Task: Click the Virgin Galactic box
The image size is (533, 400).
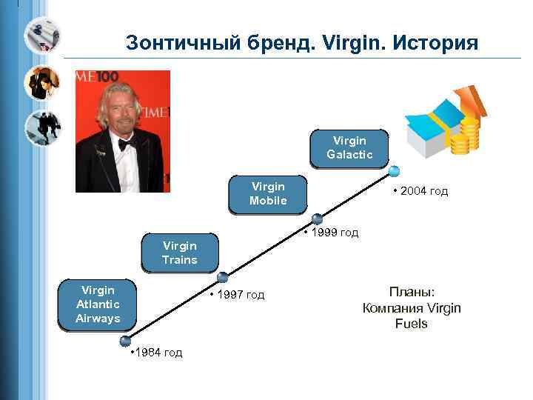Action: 349,147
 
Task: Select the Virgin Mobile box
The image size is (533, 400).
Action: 268,193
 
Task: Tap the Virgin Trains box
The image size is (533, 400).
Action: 180,253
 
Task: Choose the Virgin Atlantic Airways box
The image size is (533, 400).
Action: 98,303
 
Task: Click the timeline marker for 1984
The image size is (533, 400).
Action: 126,341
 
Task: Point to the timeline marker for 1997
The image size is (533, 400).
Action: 221,278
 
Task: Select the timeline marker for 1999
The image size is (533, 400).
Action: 317,219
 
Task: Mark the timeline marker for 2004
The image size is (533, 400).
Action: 394,172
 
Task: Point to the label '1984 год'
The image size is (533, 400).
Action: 155,352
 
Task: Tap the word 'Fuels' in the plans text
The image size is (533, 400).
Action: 412,324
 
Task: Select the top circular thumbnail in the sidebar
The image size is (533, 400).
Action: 42,34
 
